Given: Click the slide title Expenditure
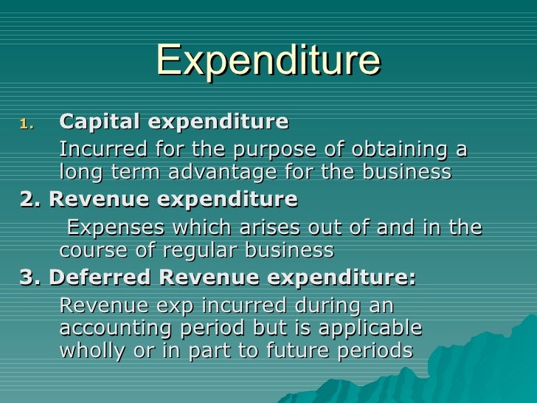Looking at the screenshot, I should click(x=268, y=61).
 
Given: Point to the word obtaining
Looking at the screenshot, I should click(x=396, y=150).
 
